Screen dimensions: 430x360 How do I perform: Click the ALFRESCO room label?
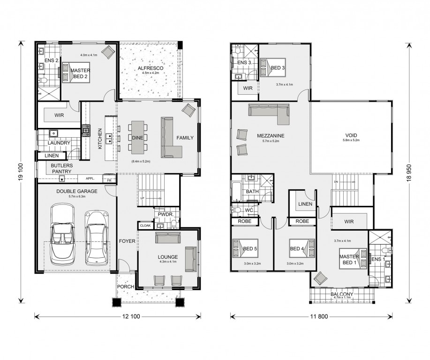coord(150,68)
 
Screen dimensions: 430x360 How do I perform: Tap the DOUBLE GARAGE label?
coord(77,191)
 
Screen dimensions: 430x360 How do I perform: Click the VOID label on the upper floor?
coord(351,135)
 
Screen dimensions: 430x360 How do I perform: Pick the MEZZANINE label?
coord(271,136)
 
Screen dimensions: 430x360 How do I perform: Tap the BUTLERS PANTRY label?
coord(62,169)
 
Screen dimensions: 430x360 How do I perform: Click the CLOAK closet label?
coord(145,225)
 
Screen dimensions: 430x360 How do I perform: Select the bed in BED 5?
coord(245,248)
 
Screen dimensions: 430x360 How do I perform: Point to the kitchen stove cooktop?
coord(85,130)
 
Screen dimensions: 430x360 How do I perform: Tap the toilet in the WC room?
coord(237,210)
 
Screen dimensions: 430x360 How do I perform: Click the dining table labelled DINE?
coord(137,138)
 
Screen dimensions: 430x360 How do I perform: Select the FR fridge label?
coord(109,180)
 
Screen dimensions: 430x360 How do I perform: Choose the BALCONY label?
coord(341,294)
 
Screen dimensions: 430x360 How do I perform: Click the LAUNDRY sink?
coord(53,134)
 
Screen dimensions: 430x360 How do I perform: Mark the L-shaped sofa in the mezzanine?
coord(269,113)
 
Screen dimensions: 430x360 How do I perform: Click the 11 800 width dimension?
coord(319,316)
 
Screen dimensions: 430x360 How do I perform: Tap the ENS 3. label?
coord(244,62)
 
